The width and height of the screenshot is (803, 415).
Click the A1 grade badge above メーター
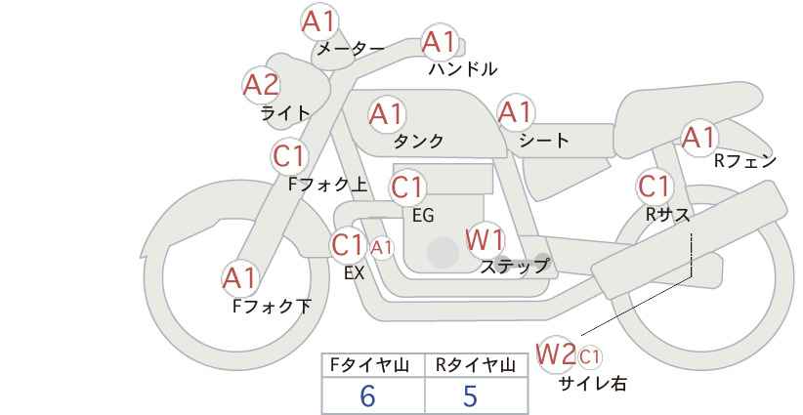point(319,21)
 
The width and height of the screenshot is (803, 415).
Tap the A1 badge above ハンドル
point(439,42)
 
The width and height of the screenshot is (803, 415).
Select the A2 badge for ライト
point(261,86)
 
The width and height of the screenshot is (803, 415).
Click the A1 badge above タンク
point(386,114)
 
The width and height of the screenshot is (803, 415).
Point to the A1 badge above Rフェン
point(699,138)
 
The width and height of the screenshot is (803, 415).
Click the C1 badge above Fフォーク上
point(290,155)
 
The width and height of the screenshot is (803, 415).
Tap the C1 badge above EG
point(408,187)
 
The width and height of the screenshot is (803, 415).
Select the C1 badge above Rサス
point(654,186)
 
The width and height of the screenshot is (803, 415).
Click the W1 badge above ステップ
point(485,239)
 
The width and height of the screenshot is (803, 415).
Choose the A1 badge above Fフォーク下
point(240,278)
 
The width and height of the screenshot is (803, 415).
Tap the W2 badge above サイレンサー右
point(557,353)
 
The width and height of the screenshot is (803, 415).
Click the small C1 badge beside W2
point(590,355)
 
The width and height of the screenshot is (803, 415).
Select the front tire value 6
point(367,395)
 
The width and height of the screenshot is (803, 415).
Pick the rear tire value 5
point(471,395)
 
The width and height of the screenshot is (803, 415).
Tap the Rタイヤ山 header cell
point(475,365)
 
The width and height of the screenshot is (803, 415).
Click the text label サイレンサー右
point(592,384)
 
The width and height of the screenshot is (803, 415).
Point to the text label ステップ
point(515,265)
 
